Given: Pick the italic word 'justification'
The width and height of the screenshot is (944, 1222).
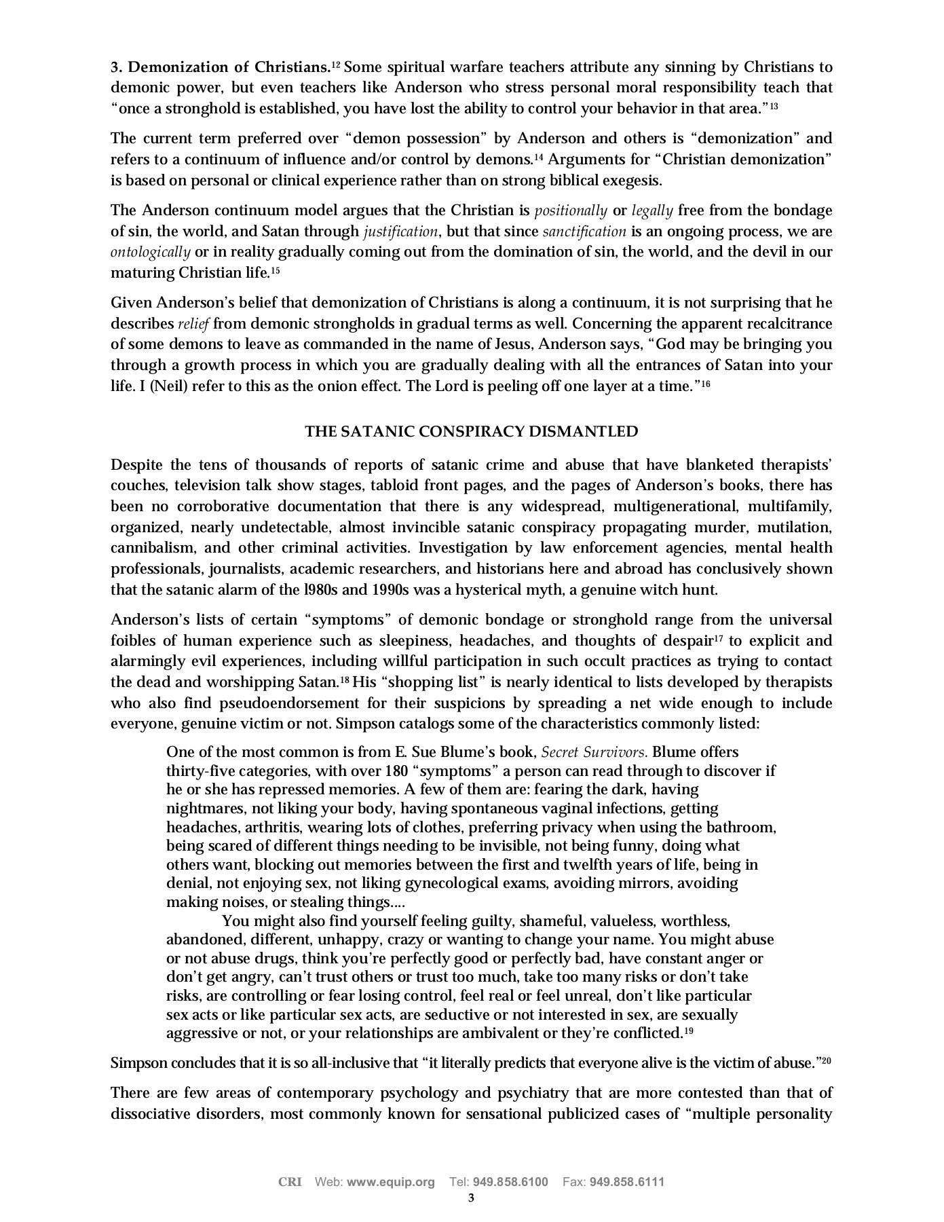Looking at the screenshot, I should coord(400,232).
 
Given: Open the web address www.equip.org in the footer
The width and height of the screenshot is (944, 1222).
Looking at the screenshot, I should coord(391,1182).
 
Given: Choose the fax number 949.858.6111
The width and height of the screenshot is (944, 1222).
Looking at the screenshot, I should coord(627,1182).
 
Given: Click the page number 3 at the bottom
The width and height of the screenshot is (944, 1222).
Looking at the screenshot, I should coord(471,1198).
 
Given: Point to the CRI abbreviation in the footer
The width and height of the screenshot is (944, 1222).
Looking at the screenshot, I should coord(290,1182).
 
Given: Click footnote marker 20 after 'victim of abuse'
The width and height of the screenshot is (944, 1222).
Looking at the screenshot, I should coord(827,1060).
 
